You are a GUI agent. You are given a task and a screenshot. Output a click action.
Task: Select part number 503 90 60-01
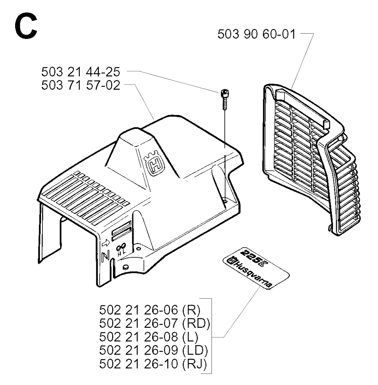pos(257,34)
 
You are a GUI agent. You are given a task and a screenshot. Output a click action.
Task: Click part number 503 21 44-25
pos(80,72)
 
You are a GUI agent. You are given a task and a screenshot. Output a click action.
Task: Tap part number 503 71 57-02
pos(80,85)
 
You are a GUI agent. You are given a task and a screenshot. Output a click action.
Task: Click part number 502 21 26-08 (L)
pos(149,337)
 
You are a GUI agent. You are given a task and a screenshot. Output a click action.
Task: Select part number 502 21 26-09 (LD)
pos(154,350)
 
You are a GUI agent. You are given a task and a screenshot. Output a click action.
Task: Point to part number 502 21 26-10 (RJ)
pos(153,364)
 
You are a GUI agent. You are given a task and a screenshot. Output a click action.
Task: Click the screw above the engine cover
pos(225,99)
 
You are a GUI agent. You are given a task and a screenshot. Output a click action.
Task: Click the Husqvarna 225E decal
pos(256,268)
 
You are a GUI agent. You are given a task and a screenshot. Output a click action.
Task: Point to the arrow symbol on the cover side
pos(106,243)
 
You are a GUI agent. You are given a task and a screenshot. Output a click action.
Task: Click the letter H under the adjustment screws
pos(119,255)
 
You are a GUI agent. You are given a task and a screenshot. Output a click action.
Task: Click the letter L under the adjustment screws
pos(124,252)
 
